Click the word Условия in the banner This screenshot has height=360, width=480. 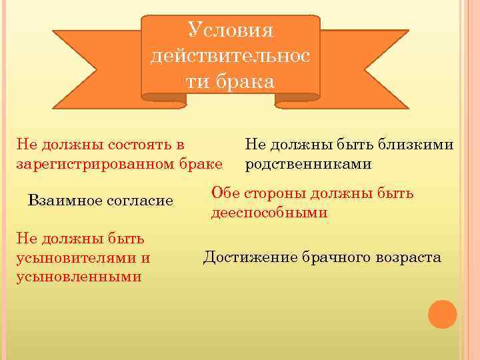(231, 30)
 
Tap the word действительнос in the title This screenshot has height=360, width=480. (231, 56)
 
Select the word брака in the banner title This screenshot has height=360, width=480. (248, 82)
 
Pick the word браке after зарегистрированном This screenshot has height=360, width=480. (202, 162)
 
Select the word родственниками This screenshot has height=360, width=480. (308, 162)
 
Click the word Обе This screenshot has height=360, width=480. (224, 193)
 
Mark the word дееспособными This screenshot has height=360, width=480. (269, 213)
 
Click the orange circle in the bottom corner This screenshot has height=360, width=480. (442, 314)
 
